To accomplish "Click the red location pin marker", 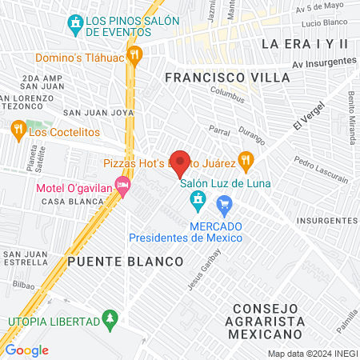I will [x=181, y=163].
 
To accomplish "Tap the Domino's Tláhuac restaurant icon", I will [x=134, y=55].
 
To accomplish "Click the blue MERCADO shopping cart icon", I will [x=224, y=205].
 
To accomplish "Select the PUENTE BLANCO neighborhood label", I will [x=126, y=262].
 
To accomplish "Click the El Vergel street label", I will [x=300, y=122].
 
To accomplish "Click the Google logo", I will [x=27, y=350].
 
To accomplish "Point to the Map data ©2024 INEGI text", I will [x=312, y=354].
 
